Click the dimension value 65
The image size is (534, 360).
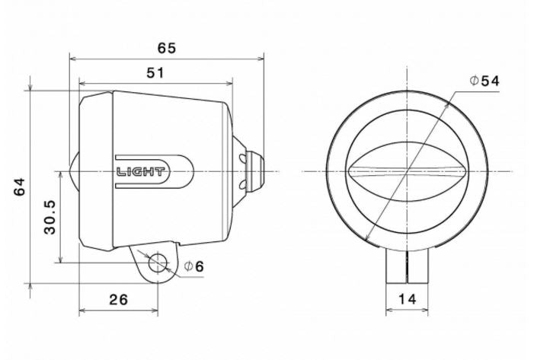pos(167,47)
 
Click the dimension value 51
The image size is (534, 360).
pos(155,73)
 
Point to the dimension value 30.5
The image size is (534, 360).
pos(50,218)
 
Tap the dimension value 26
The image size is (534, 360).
pos(117,299)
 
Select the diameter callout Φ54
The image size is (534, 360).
pos(484,80)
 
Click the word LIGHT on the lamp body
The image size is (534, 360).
pos(142,171)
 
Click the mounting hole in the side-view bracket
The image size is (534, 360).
pos(158,263)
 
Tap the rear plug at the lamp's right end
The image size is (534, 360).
pos(253,170)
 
